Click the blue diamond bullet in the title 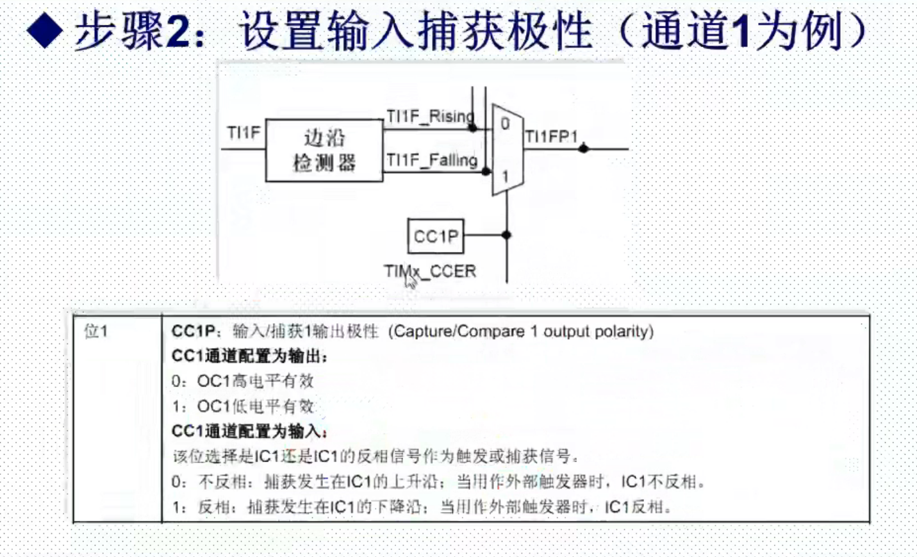[45, 31]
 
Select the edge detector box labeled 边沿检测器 [324, 150]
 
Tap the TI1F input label [244, 133]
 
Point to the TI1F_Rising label [430, 117]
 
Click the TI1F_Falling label [432, 160]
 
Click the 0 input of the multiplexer [505, 124]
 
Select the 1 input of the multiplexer [506, 176]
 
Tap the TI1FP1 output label [551, 137]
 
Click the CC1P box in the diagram [436, 236]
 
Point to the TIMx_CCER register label [430, 272]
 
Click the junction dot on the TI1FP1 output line [583, 149]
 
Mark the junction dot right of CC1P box [506, 235]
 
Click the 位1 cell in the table [96, 331]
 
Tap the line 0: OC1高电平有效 [243, 381]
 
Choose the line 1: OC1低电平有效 [243, 406]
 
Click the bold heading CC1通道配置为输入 [249, 431]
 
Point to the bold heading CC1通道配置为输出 [249, 356]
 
